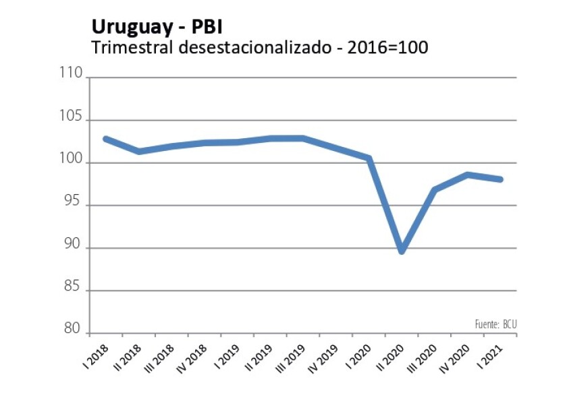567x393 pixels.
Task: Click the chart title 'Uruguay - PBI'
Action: (156, 27)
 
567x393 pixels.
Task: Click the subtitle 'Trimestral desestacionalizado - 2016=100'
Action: (259, 48)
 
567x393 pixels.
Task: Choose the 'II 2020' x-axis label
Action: (388, 355)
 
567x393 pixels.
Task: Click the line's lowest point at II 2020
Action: (402, 251)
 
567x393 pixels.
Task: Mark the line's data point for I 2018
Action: (105, 138)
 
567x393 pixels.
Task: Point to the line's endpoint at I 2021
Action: (501, 179)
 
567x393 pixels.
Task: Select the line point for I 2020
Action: (369, 158)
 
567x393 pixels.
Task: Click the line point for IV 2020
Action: (468, 175)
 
